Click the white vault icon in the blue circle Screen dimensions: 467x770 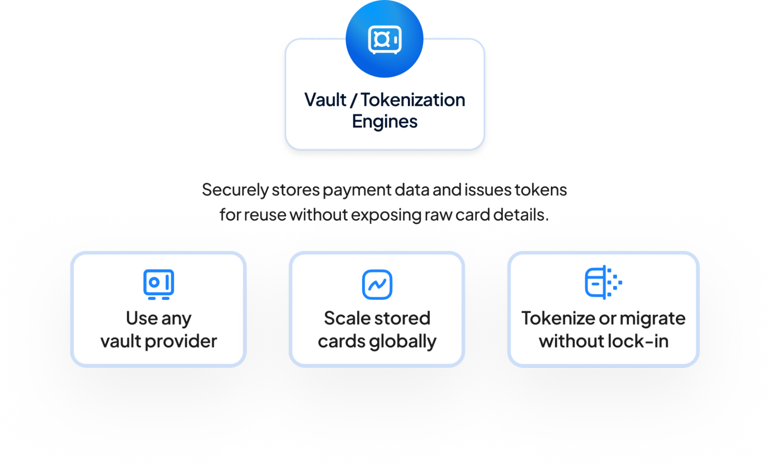[x=384, y=40]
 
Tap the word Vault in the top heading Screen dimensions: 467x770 [x=325, y=100]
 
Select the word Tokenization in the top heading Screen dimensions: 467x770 [x=413, y=100]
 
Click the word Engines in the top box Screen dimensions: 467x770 [x=384, y=122]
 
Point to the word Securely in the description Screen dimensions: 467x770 [x=235, y=190]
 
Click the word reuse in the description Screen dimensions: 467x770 [x=265, y=215]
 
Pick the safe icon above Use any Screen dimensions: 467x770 [x=159, y=284]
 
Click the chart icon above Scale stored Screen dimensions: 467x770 [x=377, y=285]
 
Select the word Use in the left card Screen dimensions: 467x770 [x=142, y=318]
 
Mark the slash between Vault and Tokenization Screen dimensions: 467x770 [x=354, y=100]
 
